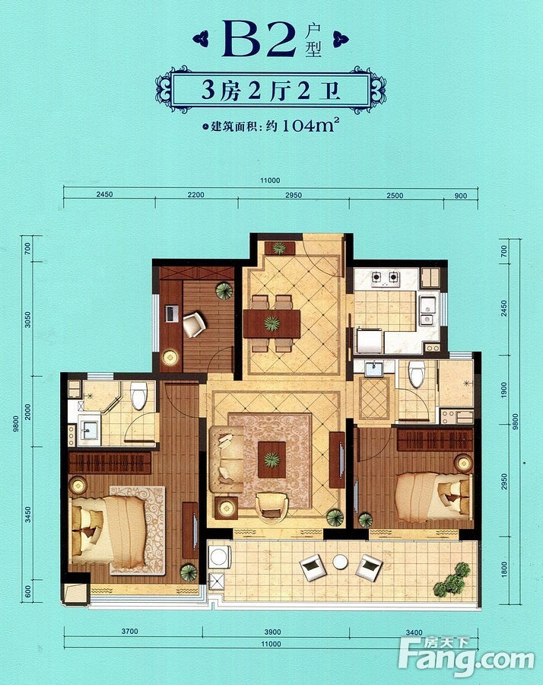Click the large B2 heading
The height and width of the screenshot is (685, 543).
click(259, 39)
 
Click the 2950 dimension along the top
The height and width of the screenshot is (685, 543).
click(294, 196)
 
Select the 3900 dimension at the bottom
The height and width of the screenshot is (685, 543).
click(272, 632)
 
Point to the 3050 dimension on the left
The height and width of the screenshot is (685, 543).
click(28, 320)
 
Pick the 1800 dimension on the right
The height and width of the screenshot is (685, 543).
click(504, 569)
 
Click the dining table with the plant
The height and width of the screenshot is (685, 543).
click(272, 323)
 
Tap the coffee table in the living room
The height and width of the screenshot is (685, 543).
click(272, 460)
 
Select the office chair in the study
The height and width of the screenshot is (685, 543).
click(194, 324)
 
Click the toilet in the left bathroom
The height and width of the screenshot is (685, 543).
click(139, 396)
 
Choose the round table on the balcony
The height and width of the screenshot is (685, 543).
click(340, 562)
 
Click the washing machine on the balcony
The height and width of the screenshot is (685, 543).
click(219, 557)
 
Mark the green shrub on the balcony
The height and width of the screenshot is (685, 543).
click(451, 580)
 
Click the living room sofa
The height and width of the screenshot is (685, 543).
click(227, 459)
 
